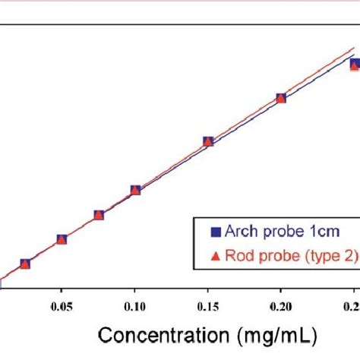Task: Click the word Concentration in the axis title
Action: coord(160,336)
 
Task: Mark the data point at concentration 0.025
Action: coord(25,264)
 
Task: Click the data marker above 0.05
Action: coord(62,239)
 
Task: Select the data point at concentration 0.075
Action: coord(99,215)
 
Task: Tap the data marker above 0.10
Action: coord(135,190)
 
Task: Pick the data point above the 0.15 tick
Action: coord(208,141)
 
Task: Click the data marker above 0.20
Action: coord(281,98)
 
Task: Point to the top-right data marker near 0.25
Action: coord(354,65)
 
